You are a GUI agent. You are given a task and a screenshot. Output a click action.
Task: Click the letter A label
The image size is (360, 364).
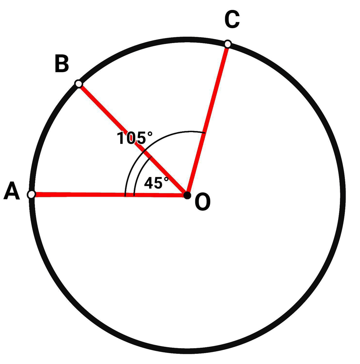click(x=12, y=191)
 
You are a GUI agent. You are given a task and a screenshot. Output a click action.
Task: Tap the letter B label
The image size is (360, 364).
click(x=62, y=63)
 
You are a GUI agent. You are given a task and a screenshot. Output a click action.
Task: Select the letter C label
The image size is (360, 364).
click(x=232, y=20)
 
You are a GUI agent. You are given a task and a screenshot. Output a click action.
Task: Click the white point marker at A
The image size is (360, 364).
click(x=31, y=194)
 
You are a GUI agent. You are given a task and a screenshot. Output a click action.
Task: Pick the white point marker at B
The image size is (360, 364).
click(x=78, y=84)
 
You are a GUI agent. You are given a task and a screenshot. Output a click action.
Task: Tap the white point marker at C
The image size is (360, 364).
click(x=228, y=44)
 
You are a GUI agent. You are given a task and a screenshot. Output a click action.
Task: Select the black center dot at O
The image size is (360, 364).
click(x=187, y=195)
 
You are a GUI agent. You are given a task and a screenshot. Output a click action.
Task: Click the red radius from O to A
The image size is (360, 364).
click(x=109, y=195)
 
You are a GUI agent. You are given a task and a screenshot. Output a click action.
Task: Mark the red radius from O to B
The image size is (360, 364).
click(x=133, y=139)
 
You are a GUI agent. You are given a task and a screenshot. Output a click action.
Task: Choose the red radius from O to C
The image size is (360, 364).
click(x=208, y=119)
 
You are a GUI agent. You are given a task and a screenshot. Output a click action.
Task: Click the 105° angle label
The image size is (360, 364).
click(x=135, y=138)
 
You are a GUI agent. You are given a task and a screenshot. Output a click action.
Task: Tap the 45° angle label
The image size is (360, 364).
click(x=156, y=183)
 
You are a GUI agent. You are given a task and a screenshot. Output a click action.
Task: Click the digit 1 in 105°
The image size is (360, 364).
click(x=121, y=138)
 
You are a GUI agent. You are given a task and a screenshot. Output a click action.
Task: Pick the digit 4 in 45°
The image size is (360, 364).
click(x=149, y=183)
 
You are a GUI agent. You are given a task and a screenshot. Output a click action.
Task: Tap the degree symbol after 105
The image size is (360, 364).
click(x=150, y=134)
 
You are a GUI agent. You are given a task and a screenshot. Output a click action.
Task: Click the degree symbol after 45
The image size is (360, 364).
click(x=166, y=179)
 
